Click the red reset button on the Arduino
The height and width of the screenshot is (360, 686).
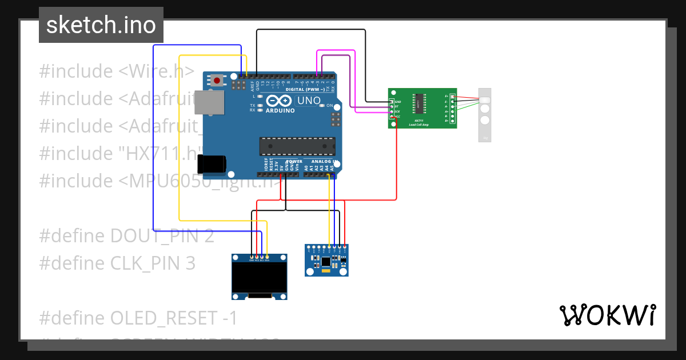[217, 81]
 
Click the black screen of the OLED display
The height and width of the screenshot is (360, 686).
[259, 277]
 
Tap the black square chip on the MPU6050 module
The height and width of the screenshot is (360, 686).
[326, 262]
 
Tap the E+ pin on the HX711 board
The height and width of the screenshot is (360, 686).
[452, 96]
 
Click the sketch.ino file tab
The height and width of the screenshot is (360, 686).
[101, 25]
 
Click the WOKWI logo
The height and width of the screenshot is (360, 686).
[607, 315]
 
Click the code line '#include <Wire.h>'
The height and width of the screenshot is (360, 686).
[117, 71]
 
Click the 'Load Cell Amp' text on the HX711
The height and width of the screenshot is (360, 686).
[422, 124]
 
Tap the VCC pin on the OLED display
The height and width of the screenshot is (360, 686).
[257, 258]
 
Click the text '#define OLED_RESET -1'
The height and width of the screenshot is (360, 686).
[138, 317]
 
